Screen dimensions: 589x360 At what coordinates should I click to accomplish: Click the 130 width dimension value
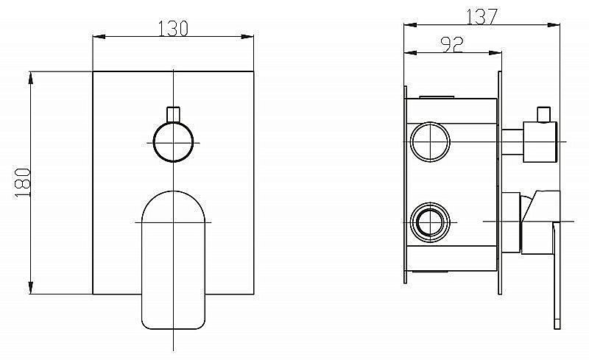(x=173, y=28)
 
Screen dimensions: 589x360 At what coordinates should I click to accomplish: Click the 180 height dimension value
(x=23, y=183)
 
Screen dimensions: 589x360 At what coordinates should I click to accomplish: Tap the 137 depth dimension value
(x=482, y=16)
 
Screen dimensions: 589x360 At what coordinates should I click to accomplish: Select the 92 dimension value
(x=453, y=44)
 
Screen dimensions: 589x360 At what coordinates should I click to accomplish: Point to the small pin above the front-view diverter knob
(x=173, y=115)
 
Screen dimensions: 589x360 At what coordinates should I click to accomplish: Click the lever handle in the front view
(x=173, y=260)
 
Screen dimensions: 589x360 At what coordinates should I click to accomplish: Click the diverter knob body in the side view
(x=540, y=142)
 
